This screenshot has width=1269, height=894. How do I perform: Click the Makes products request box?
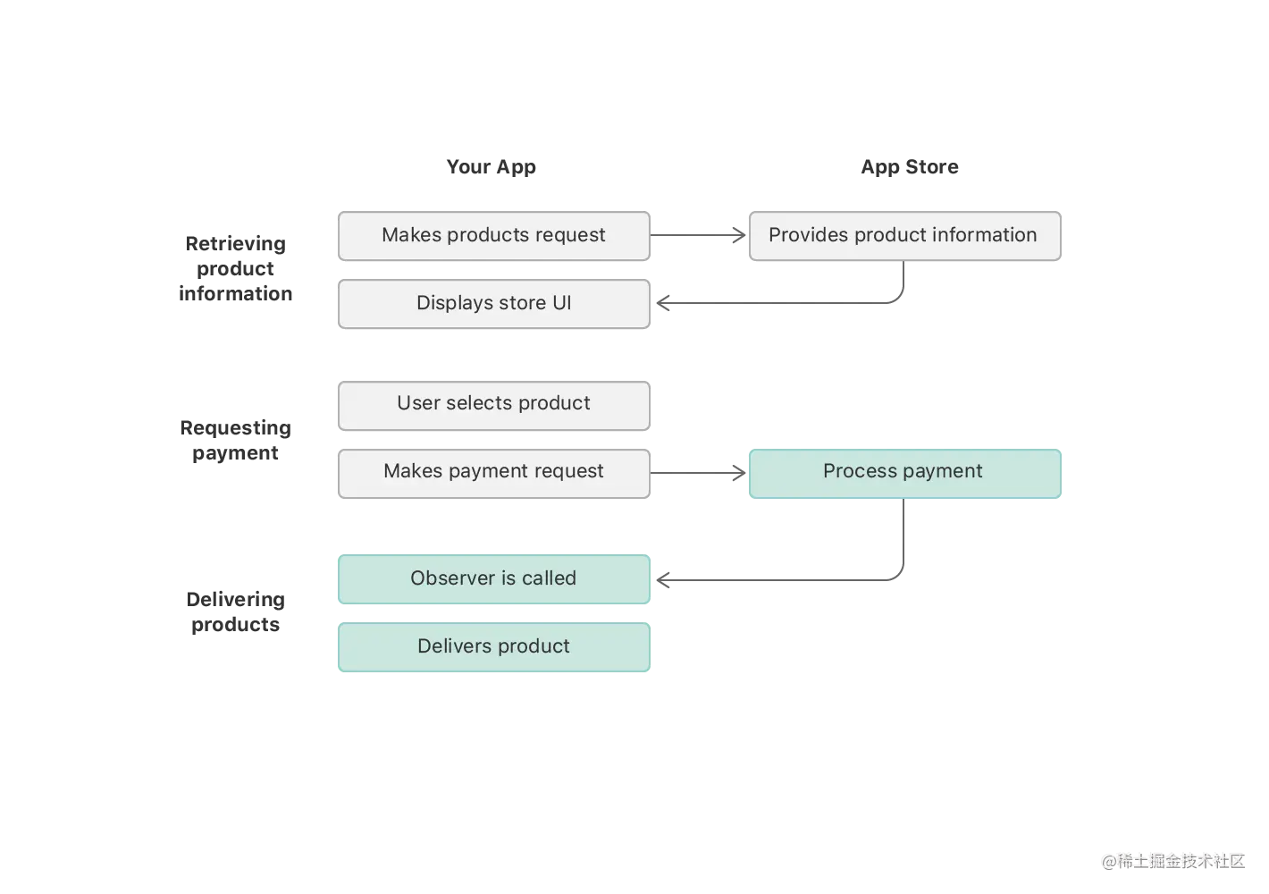(493, 236)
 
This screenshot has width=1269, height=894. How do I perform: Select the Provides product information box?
(903, 236)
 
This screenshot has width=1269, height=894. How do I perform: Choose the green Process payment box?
(903, 473)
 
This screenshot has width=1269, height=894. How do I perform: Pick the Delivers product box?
(493, 647)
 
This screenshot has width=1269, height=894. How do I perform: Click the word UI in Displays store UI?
(561, 303)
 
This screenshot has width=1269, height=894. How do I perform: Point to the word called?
(549, 578)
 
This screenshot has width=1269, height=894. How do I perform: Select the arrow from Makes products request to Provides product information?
(693, 233)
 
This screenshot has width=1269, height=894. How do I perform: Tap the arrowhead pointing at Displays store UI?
(663, 304)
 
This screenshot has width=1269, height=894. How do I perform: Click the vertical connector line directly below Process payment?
(904, 536)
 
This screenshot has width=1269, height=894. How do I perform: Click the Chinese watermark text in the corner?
(1172, 860)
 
